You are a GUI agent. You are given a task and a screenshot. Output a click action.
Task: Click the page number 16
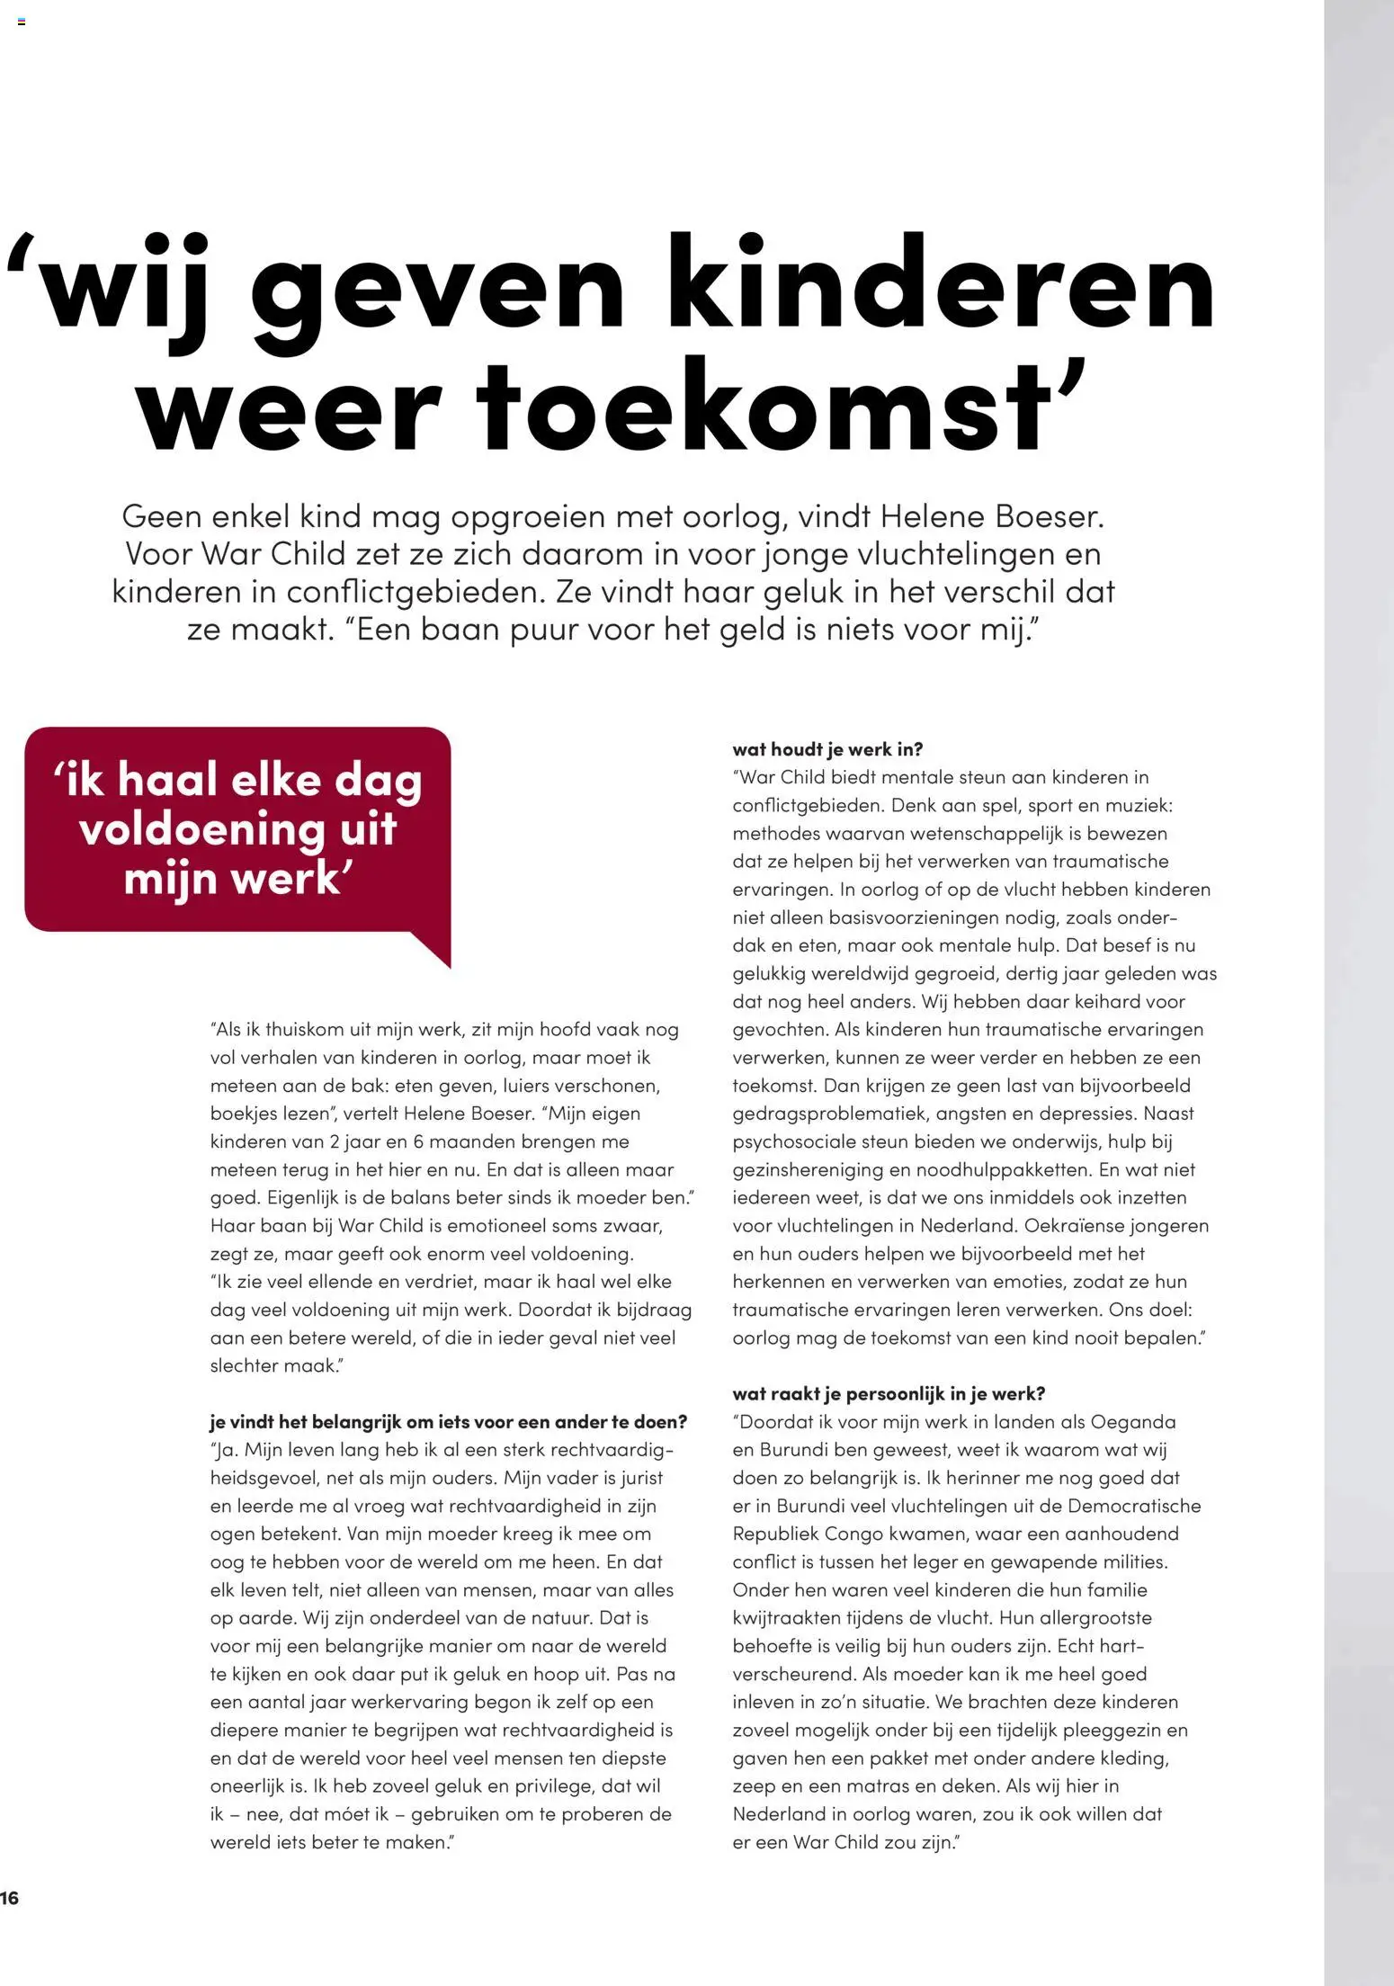click(9, 1898)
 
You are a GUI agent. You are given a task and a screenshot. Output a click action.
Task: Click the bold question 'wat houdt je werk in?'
click(827, 749)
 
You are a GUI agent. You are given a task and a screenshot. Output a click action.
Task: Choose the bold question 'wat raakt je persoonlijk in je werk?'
click(889, 1393)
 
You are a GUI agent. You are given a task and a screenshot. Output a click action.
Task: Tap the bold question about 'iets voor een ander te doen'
click(448, 1421)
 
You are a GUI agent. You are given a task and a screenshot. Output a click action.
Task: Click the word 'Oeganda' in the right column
click(1132, 1422)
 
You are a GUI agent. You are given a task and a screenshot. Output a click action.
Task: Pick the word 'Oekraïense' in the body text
click(1071, 1225)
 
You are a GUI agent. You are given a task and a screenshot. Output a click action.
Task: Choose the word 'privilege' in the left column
click(555, 1785)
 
